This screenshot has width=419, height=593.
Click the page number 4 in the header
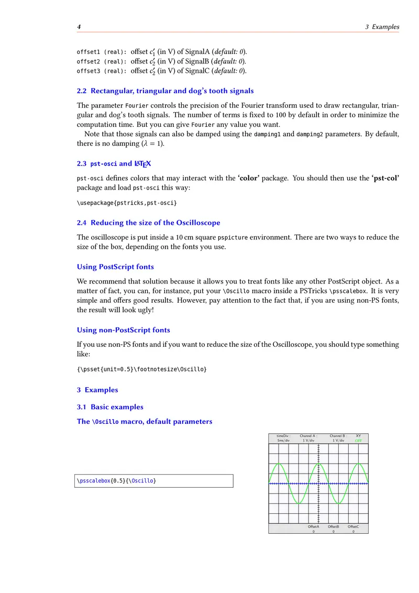pos(79,27)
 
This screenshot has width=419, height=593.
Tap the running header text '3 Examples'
pos(382,27)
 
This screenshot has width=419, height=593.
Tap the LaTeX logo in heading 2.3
pos(143,164)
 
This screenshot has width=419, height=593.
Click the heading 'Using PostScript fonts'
pos(115,267)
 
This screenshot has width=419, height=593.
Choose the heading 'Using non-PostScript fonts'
pos(123,330)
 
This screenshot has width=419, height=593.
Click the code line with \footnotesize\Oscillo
pos(142,369)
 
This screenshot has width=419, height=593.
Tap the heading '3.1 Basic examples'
pos(110,407)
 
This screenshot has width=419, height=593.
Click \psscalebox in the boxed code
pos(94,480)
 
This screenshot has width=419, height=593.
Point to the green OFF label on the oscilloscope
pos(358,441)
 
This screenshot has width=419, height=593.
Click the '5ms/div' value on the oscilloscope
pos(283,441)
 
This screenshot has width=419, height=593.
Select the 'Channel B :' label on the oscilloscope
pos(338,436)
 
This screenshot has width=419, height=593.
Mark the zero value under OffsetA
pos(314,532)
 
